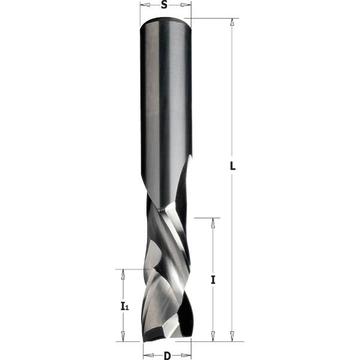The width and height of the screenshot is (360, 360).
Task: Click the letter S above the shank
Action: click(x=164, y=5)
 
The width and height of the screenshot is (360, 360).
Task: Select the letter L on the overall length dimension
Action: click(x=233, y=167)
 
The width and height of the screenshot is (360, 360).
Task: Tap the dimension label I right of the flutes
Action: click(x=213, y=280)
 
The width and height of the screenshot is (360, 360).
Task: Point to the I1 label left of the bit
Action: click(x=124, y=307)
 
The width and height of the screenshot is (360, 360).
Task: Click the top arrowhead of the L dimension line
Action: click(x=232, y=22)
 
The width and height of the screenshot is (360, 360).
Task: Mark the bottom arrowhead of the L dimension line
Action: click(x=232, y=337)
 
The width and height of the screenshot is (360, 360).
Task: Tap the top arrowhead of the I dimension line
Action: click(x=213, y=221)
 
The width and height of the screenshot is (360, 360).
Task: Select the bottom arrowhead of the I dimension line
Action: click(x=213, y=337)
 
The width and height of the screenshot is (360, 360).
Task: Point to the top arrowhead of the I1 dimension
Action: click(x=124, y=273)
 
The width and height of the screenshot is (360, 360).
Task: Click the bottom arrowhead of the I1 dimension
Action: click(x=124, y=337)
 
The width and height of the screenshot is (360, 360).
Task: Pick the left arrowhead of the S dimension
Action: click(x=143, y=5)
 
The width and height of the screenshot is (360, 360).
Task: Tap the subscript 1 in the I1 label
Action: click(x=127, y=308)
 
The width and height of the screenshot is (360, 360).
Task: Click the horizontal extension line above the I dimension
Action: click(x=208, y=217)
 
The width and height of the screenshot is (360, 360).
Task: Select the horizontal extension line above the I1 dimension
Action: click(x=129, y=269)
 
